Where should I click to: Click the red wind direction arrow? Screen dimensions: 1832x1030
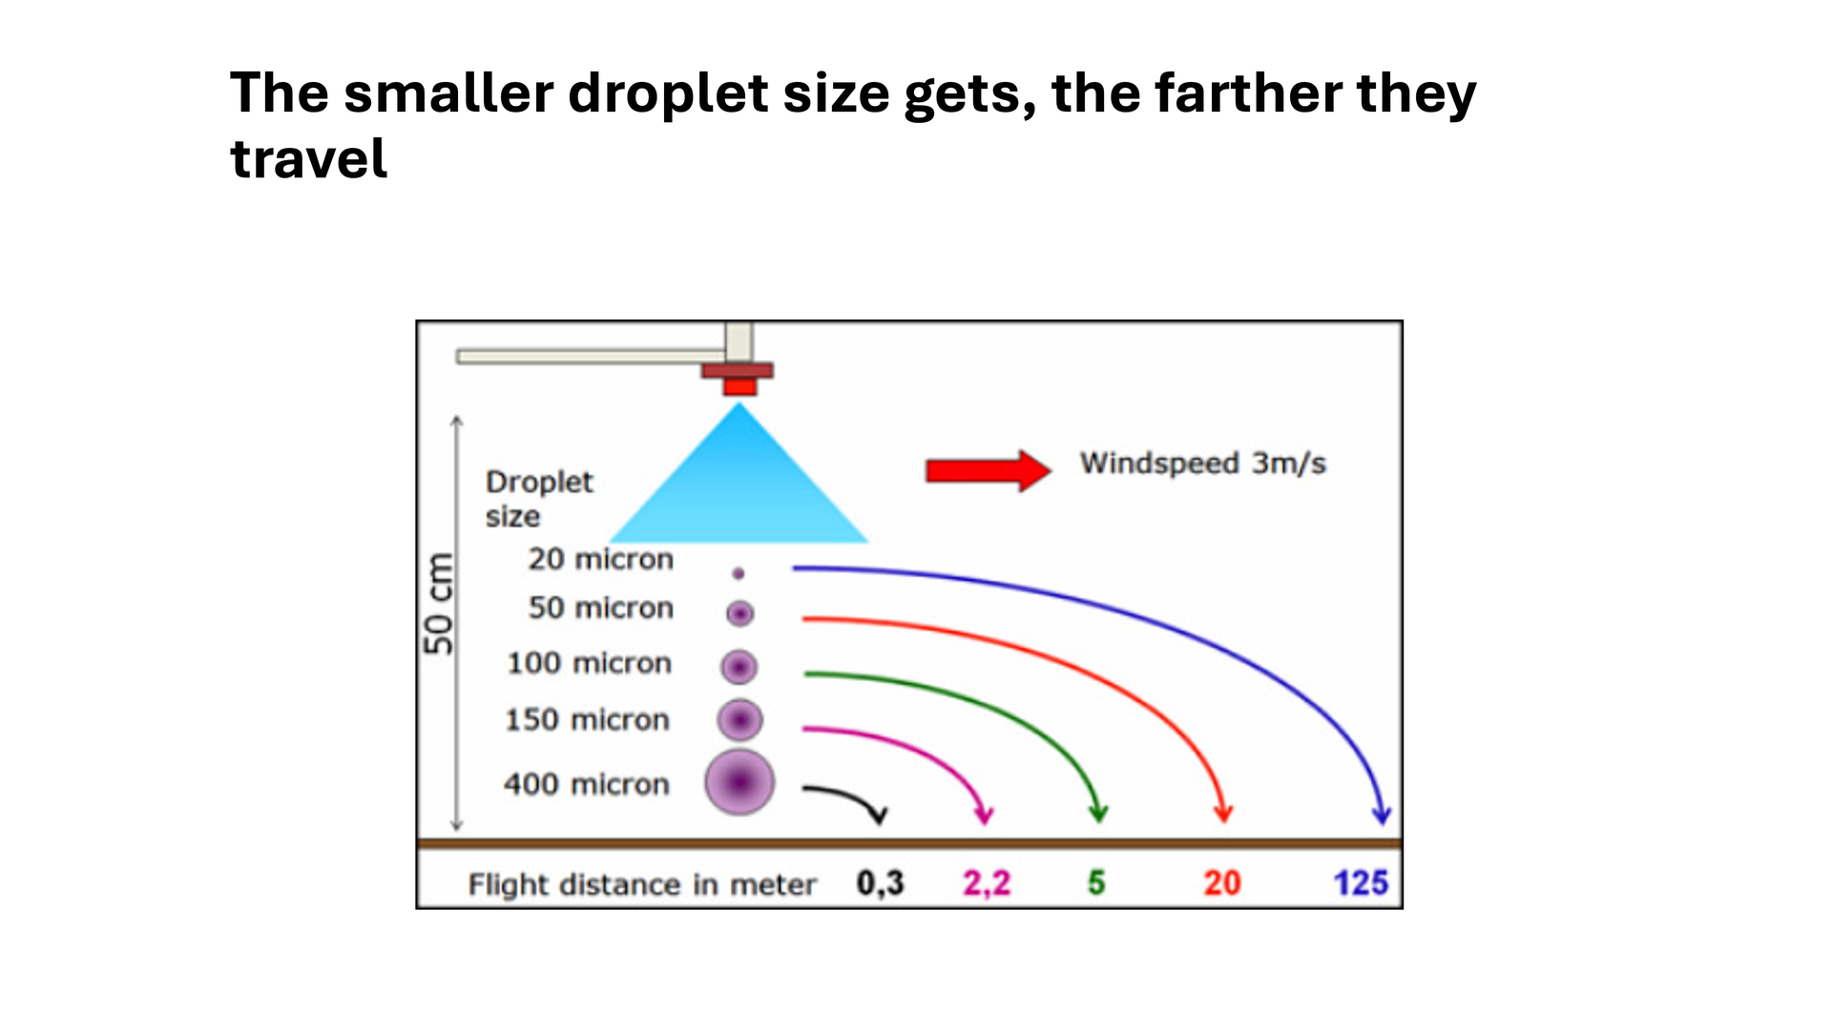pyautogui.click(x=989, y=470)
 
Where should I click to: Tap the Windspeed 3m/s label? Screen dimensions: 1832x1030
pyautogui.click(x=1202, y=463)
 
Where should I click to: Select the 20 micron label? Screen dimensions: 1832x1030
pyautogui.click(x=600, y=559)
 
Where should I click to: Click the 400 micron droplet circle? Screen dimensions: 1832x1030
pyautogui.click(x=739, y=783)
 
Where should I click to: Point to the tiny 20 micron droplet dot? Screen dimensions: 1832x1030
pyautogui.click(x=738, y=573)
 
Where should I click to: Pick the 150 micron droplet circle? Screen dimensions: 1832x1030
pyautogui.click(x=739, y=720)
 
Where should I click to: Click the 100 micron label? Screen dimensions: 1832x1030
pyautogui.click(x=589, y=663)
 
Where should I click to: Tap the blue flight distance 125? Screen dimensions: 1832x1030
pyautogui.click(x=1361, y=883)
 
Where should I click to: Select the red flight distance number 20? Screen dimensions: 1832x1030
pyautogui.click(x=1222, y=883)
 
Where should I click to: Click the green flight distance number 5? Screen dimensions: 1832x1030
pyautogui.click(x=1096, y=883)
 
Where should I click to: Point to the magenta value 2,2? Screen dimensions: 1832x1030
pyautogui.click(x=987, y=884)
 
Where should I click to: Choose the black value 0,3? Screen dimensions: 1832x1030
pyautogui.click(x=880, y=884)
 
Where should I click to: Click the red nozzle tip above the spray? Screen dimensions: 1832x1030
pyautogui.click(x=739, y=386)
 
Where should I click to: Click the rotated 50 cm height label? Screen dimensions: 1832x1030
pyautogui.click(x=438, y=604)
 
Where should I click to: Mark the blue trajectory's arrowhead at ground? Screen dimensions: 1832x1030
pyautogui.click(x=1381, y=814)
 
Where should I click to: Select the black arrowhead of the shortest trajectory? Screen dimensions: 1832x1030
pyautogui.click(x=879, y=814)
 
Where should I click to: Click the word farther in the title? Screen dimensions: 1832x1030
pyautogui.click(x=1248, y=93)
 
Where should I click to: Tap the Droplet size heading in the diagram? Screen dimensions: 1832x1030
pyautogui.click(x=539, y=499)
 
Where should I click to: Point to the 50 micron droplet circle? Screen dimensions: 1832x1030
pyautogui.click(x=739, y=613)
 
